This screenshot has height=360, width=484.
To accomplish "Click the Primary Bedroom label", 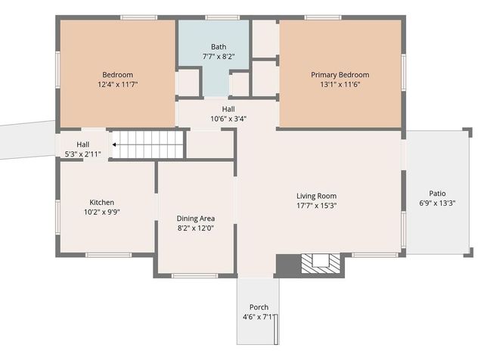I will (x=340, y=75).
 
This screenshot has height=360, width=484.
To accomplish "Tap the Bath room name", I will (x=219, y=46).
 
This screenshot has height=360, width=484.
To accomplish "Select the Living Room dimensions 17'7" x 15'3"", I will (x=316, y=206).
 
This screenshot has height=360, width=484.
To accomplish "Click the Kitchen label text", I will (x=102, y=202).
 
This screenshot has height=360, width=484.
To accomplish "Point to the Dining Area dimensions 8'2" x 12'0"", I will (x=196, y=228).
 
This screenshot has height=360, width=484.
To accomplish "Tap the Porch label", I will (x=259, y=307).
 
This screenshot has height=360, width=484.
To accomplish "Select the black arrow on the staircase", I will (x=114, y=144).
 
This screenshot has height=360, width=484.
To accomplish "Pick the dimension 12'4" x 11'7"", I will (x=117, y=85).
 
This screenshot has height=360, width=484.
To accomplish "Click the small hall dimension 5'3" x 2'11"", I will (x=82, y=154).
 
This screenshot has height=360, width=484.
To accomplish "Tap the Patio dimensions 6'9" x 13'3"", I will (x=437, y=203).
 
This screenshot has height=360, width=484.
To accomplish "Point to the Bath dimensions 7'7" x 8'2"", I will (x=219, y=56).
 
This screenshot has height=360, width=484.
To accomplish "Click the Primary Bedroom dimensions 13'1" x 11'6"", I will (x=340, y=85).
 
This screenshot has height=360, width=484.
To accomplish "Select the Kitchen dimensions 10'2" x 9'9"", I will (x=102, y=213).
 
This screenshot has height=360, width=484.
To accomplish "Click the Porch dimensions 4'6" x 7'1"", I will (x=259, y=317).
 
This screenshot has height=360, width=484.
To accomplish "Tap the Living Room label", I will (x=316, y=196).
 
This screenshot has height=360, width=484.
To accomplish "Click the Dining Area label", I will (x=196, y=219).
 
